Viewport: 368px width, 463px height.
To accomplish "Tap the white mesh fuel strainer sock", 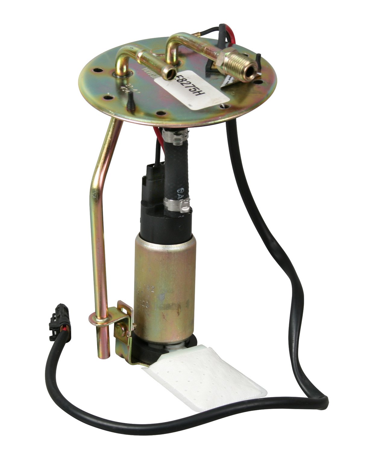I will pos(205,377).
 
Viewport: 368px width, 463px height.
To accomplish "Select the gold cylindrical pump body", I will pos(164,289).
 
